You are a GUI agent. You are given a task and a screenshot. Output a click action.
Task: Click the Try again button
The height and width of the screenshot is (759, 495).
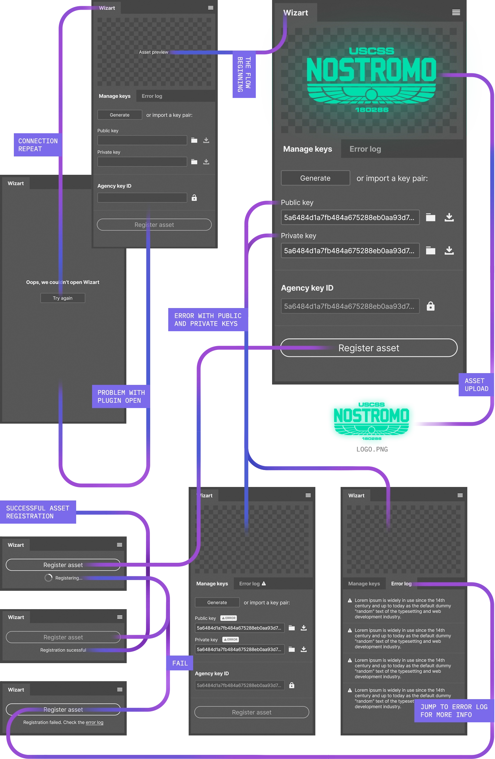coord(63,298)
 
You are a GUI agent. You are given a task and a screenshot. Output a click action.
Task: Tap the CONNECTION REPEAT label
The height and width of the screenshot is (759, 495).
coord(38,145)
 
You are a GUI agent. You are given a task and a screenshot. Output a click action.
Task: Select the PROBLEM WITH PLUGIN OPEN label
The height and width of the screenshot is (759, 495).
coord(121,397)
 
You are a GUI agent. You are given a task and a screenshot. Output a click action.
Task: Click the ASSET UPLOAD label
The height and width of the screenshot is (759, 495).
coord(476,385)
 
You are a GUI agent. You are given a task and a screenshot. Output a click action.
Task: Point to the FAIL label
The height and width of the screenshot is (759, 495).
coord(180,663)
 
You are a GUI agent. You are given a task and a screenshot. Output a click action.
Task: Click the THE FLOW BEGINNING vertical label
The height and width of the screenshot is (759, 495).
coord(244,74)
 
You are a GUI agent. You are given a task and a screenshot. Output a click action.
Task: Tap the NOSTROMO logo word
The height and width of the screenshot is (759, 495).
coord(371,70)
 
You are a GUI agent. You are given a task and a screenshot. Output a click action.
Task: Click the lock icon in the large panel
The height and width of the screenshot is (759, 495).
coord(430,306)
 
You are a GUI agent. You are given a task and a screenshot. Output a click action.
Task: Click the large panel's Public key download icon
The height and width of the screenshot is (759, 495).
coord(449,217)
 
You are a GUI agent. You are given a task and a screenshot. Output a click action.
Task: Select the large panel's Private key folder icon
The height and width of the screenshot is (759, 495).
coord(430,251)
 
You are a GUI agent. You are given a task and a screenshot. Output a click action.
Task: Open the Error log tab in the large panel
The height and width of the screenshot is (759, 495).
coord(365,149)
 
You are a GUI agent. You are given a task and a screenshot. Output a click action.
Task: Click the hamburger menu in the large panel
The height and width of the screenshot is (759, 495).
coord(456,13)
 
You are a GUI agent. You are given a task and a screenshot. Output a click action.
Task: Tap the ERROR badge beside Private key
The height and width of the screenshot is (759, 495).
coord(231,640)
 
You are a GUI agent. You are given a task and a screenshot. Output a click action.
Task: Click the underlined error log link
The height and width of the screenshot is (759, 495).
coord(94,722)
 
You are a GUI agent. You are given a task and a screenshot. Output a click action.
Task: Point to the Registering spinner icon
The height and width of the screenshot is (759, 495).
coord(48,578)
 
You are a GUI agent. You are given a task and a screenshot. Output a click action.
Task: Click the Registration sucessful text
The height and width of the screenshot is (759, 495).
coord(63,650)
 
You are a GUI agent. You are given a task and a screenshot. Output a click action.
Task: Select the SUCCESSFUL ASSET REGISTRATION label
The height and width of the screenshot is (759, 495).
coord(38,512)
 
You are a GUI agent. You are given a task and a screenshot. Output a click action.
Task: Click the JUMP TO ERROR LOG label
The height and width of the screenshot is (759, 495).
coord(453,711)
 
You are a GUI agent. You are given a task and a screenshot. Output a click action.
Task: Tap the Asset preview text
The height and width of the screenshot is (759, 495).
coord(153,52)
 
